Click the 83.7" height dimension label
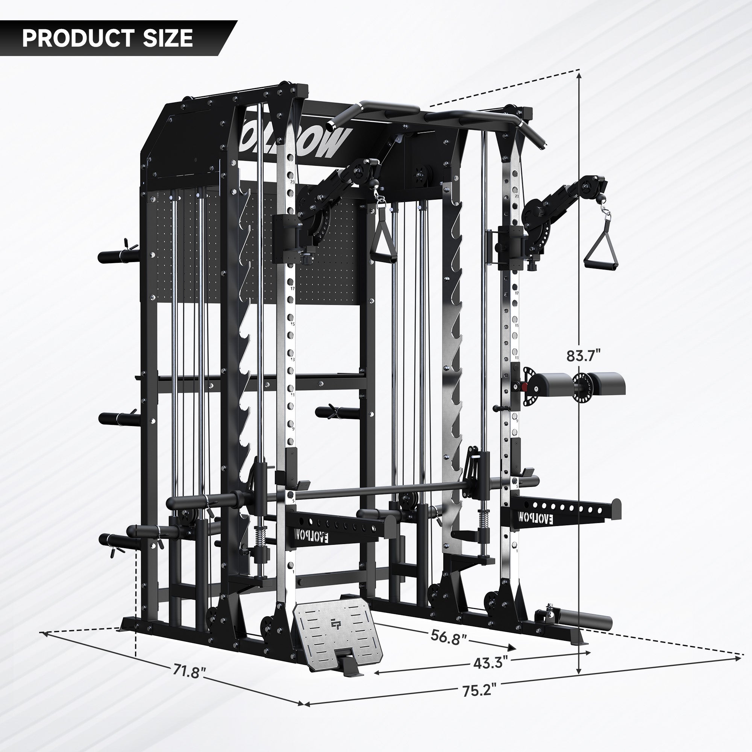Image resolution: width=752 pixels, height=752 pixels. [584, 355]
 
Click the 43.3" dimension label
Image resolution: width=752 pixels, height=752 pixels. [491, 662]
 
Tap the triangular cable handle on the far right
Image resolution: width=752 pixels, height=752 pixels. [600, 256]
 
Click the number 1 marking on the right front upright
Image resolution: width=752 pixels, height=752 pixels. [517, 551]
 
